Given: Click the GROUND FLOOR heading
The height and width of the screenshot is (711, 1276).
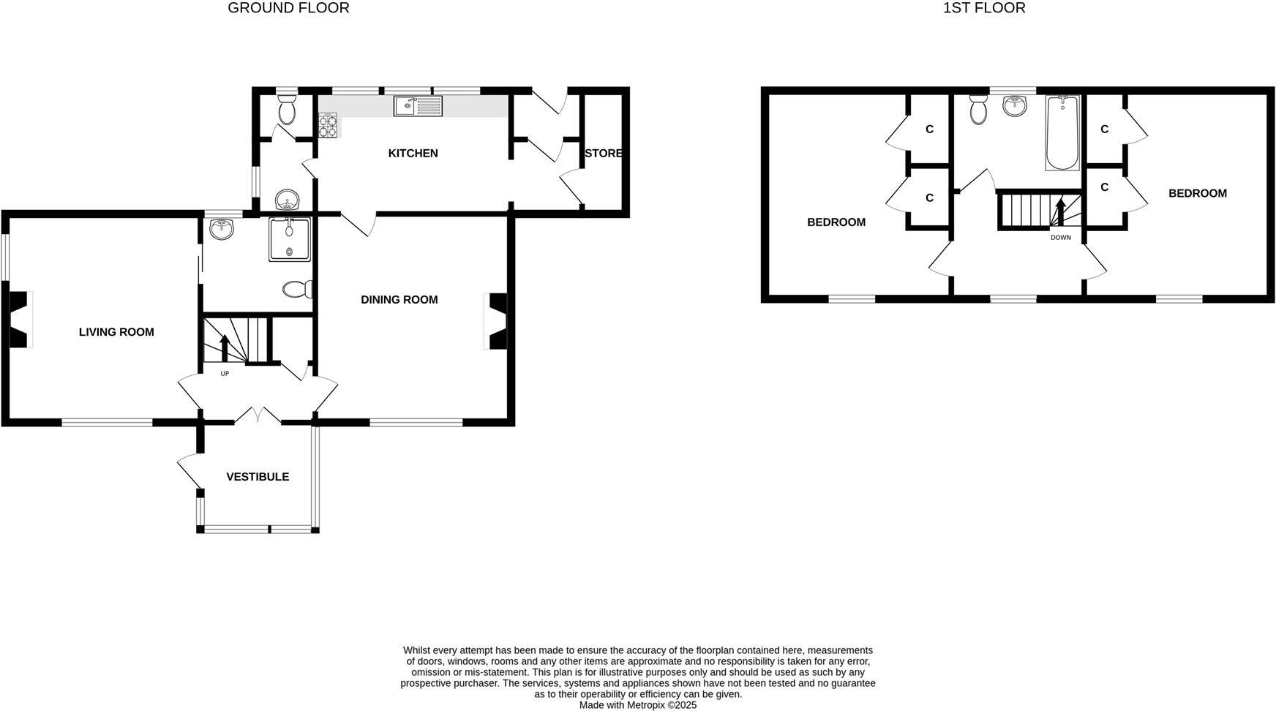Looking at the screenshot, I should point(288,8).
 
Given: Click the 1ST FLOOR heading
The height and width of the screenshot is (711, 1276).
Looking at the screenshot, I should point(984,8).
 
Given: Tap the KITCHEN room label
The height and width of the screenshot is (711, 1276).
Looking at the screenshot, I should point(413,153).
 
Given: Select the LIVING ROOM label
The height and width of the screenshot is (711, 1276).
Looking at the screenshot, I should point(116,332).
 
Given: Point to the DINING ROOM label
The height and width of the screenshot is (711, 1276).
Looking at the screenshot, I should point(399,299).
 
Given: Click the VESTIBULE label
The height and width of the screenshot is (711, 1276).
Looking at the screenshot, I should point(258,477).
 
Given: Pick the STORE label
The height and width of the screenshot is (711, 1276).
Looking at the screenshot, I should point(603,153).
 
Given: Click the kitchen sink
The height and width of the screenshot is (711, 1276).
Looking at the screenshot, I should point(418,106).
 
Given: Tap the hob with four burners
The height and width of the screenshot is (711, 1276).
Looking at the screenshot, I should point(328,125).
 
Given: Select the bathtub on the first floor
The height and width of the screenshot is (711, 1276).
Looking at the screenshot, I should point(1062,133).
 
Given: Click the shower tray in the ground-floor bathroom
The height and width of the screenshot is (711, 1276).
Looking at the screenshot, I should point(290,239).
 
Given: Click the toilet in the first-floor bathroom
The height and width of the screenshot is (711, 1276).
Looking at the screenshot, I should point(978,110).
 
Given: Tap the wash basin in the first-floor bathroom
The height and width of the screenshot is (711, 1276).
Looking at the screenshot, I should point(1015,106).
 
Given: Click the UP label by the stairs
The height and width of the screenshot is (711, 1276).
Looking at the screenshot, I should point(225,374).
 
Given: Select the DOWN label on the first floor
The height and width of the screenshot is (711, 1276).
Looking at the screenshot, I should point(1060,238).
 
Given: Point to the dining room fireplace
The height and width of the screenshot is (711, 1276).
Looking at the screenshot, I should point(497,321).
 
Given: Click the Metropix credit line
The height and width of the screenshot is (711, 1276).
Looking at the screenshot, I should point(637,705).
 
